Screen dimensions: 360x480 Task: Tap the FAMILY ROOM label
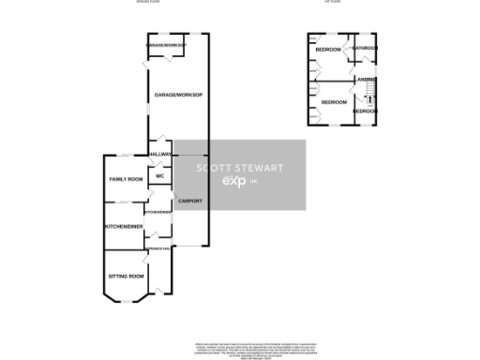pyautogui.click(x=125, y=179)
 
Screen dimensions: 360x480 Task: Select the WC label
pyautogui.click(x=159, y=175)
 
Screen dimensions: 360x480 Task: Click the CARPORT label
pyautogui.click(x=190, y=200)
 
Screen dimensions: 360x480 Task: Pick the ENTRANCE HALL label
pyautogui.click(x=158, y=247)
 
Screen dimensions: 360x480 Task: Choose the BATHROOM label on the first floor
pyautogui.click(x=365, y=49)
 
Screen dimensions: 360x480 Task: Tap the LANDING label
pyautogui.click(x=366, y=80)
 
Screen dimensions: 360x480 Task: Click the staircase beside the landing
pyautogui.click(x=368, y=97)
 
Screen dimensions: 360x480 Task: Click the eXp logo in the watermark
pyautogui.click(x=232, y=180)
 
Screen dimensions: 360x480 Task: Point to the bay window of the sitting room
pyautogui.click(x=127, y=301)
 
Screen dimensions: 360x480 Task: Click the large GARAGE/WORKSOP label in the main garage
pyautogui.click(x=178, y=96)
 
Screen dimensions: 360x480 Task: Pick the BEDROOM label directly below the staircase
pyautogui.click(x=365, y=112)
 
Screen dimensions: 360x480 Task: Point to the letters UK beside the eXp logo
pyautogui.click(x=253, y=182)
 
